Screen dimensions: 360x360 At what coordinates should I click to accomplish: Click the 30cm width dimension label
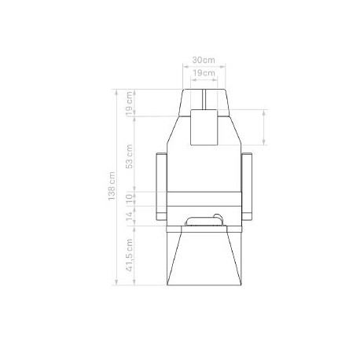(204, 60)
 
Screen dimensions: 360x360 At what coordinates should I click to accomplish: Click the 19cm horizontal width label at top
(204, 73)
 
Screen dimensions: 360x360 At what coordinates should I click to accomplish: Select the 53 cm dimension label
(129, 156)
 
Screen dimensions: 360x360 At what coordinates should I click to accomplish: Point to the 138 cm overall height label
(112, 186)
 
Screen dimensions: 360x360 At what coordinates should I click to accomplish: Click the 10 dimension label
(130, 198)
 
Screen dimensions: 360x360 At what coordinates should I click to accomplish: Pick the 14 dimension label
(130, 216)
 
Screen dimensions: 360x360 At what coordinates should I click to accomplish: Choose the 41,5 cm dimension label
(130, 255)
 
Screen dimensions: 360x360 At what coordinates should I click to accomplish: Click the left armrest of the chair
(161, 186)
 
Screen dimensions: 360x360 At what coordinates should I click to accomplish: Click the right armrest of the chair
(247, 186)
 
